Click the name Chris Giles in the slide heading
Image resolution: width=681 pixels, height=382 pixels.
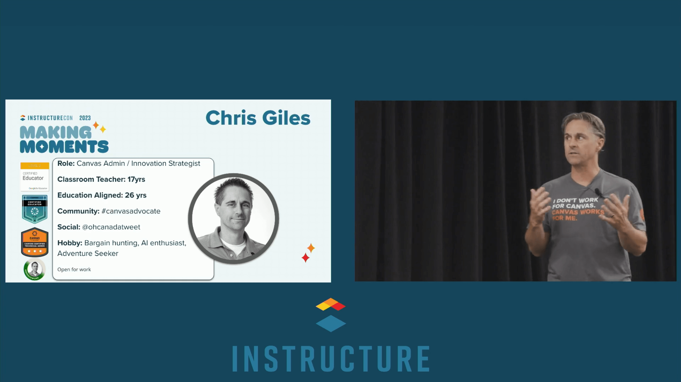pos(258,118)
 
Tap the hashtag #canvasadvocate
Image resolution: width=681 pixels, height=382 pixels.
pos(131,211)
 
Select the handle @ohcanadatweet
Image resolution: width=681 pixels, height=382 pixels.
pos(111,227)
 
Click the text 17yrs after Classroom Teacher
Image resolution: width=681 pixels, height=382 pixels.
pos(136,179)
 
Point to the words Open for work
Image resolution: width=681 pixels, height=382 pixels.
pos(74,269)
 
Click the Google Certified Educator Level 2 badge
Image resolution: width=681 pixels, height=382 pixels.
pos(35,176)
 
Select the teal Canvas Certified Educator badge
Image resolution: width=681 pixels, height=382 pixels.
pos(35,209)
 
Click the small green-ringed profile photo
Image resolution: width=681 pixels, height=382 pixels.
pos(35,269)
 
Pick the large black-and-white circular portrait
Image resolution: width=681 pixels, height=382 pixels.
pos(234,218)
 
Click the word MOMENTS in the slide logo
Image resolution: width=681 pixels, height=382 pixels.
pos(64,147)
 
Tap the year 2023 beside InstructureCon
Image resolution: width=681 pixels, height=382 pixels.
pos(85,118)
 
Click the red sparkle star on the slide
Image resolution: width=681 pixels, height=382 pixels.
pos(305,258)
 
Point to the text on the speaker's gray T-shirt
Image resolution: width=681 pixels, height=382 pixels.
pos(578,209)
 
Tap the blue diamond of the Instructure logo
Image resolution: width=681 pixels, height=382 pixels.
pos(331,323)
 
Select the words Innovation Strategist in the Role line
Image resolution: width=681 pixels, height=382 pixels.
pos(166,164)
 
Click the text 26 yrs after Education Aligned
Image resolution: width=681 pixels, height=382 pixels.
pos(136,195)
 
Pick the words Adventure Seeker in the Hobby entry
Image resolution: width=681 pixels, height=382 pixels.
pos(88,253)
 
